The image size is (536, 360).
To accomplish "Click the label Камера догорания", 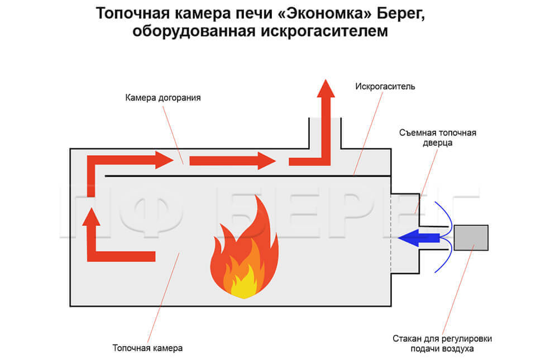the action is tap(162, 98).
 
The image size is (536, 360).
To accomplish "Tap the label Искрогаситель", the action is tap(385, 87).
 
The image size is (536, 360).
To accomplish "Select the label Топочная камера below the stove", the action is tap(147, 348).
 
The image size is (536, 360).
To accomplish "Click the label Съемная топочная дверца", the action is tap(438, 137).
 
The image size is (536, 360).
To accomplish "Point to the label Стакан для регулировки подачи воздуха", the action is tap(442, 344).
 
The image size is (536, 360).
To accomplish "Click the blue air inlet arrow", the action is tap(419, 238).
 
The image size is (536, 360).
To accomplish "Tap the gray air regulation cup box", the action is tap(471, 238).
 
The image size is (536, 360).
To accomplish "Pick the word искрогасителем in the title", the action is tap(324, 31).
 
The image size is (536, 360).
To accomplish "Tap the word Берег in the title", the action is tap(401, 14).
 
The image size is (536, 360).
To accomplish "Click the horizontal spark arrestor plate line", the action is tap(248, 176).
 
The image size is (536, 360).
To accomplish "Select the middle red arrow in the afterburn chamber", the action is tap(233, 161).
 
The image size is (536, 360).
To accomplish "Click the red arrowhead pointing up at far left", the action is tap(91, 217).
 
